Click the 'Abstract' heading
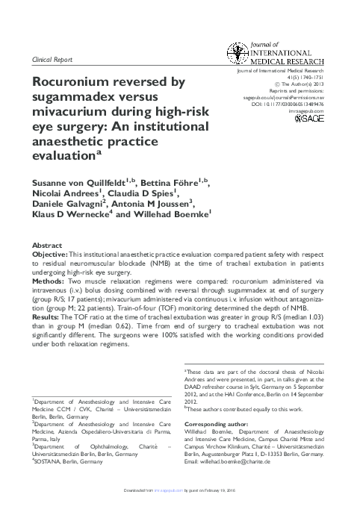click(47, 245)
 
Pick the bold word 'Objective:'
click(49, 255)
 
